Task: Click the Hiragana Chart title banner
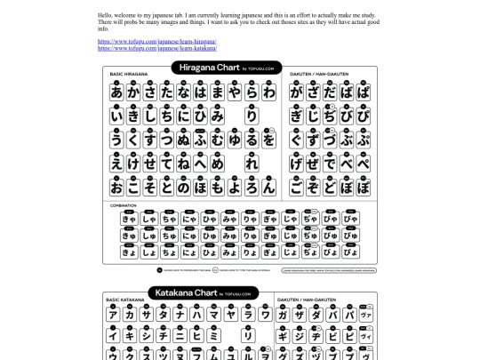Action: pos(227,67)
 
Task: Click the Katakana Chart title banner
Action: pos(201,292)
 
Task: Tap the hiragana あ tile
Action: pos(116,92)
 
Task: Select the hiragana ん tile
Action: pos(269,188)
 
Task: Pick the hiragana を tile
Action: pos(269,140)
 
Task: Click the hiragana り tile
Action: pos(251,116)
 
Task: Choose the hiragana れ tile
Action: pos(251,164)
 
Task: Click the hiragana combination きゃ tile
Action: pos(129,219)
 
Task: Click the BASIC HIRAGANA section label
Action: pos(126,74)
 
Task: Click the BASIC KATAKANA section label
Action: pos(125,300)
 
